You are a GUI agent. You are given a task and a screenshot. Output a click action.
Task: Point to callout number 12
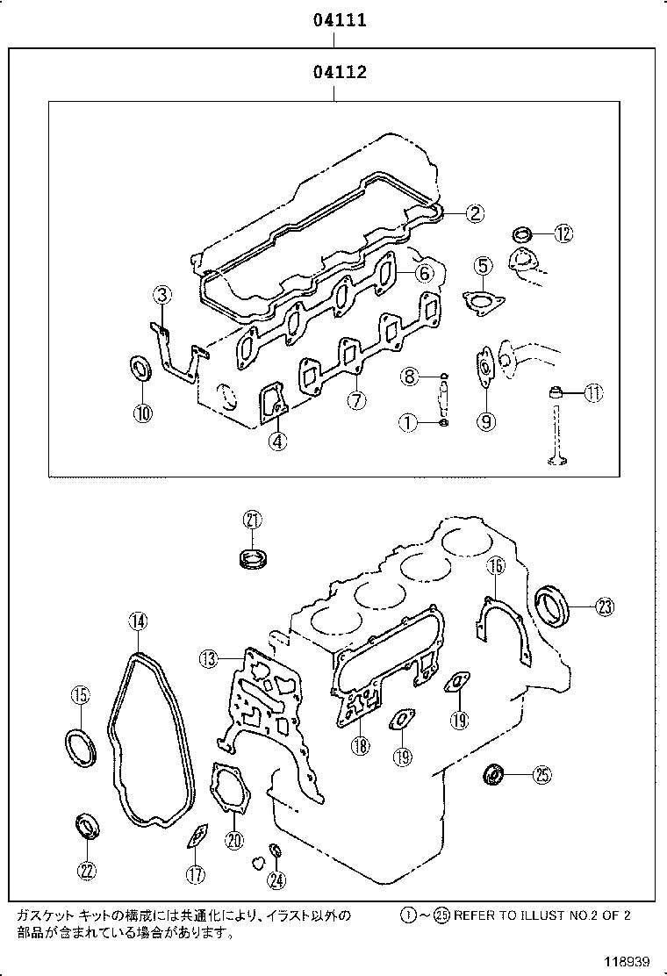tap(563, 233)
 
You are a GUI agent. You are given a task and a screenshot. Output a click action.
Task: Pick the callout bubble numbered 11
tap(594, 393)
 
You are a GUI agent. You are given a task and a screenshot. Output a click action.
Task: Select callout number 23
tap(606, 606)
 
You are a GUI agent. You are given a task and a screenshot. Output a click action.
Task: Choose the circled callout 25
tap(541, 774)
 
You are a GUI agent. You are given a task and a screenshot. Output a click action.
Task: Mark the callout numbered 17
tap(195, 873)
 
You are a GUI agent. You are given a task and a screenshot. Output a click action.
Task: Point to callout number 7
tap(355, 401)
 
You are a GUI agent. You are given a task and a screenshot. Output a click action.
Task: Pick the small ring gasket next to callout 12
tap(522, 234)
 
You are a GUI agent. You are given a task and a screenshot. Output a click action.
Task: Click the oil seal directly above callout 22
tap(87, 826)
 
